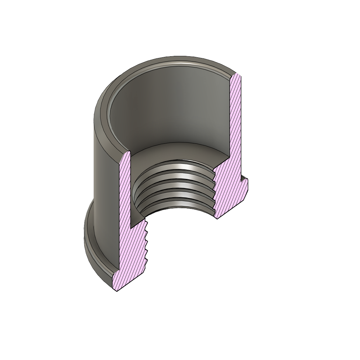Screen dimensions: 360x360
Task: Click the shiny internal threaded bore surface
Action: click(176, 186)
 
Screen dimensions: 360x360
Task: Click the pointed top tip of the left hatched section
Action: click(128, 153)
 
